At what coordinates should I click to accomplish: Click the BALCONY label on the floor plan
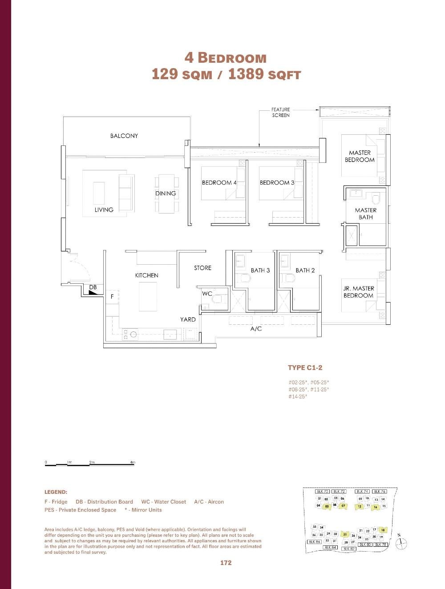124,136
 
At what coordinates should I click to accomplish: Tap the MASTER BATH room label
365,214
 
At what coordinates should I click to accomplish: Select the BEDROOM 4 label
219,182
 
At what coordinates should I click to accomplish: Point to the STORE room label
202,268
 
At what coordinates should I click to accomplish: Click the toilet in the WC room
217,299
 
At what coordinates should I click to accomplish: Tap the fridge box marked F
112,296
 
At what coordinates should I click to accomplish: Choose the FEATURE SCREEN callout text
280,112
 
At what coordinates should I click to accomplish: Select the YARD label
188,319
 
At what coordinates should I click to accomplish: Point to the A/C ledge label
256,329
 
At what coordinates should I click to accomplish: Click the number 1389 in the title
246,74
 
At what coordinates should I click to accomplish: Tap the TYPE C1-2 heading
305,367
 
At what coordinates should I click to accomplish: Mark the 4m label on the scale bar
132,462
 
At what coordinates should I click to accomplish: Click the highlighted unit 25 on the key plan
345,534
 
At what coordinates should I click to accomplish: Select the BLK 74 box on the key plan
362,492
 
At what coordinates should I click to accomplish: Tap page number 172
226,563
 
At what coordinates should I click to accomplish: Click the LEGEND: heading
56,492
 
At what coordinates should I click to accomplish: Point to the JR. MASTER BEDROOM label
358,292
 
